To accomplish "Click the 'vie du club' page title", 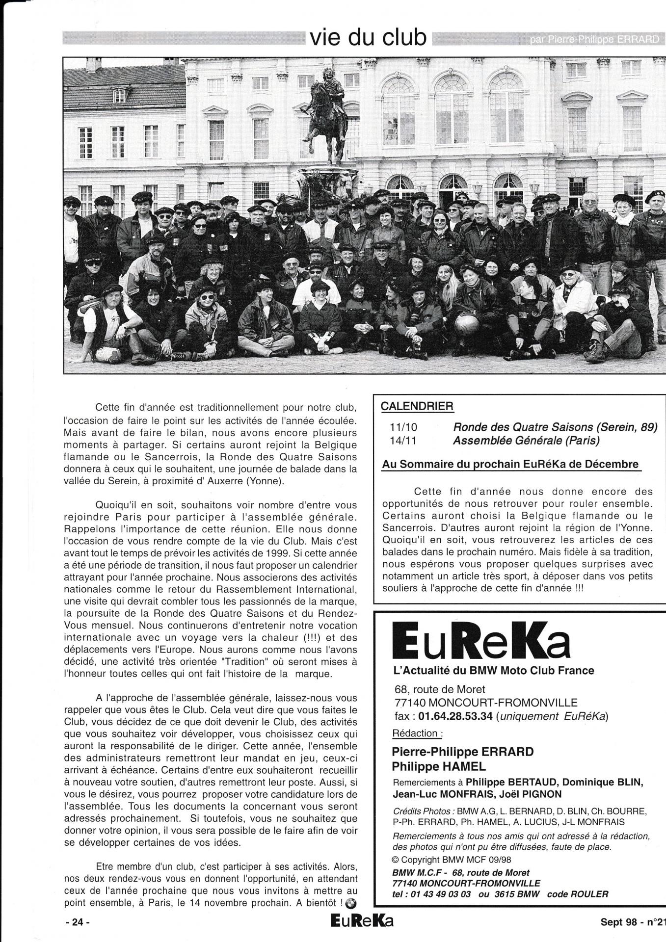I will pos(368,37).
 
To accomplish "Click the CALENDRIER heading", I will pos(417,406).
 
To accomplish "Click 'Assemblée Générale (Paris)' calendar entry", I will pos(526,441).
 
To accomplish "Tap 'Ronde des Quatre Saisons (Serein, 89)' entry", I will pos(555,427).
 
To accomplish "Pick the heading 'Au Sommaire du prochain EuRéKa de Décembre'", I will pos(510,464).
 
